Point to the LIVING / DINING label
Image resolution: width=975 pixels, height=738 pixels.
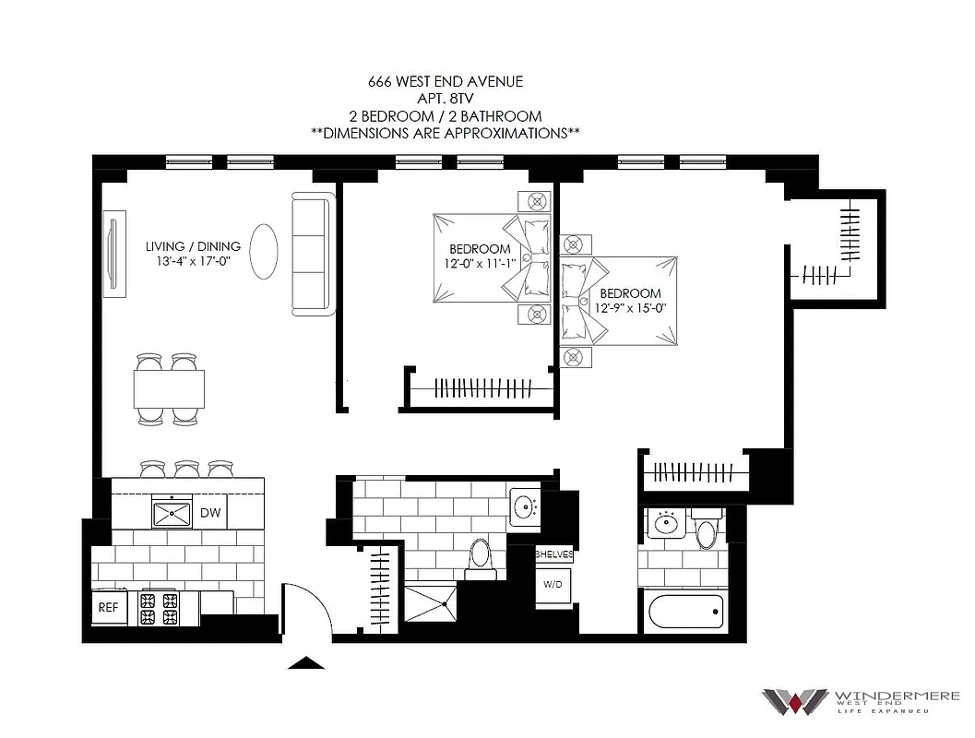pyautogui.click(x=193, y=246)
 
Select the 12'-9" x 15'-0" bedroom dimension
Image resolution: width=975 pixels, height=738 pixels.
pyautogui.click(x=630, y=307)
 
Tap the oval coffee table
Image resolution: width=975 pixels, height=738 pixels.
pyautogui.click(x=264, y=251)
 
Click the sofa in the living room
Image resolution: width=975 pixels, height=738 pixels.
pyautogui.click(x=311, y=254)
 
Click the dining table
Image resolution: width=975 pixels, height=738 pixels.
pyautogui.click(x=170, y=387)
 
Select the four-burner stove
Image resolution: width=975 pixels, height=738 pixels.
pyautogui.click(x=158, y=609)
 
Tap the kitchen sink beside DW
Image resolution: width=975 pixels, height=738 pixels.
pyautogui.click(x=172, y=512)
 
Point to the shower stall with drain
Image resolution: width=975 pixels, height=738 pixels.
pyautogui.click(x=432, y=604)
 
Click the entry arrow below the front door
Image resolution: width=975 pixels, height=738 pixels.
pyautogui.click(x=307, y=662)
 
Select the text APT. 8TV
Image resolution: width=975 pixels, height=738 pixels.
pyautogui.click(x=445, y=98)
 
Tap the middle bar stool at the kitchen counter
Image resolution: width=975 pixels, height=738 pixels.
pyautogui.click(x=187, y=470)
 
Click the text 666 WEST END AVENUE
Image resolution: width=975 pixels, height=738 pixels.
pyautogui.click(x=445, y=81)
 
